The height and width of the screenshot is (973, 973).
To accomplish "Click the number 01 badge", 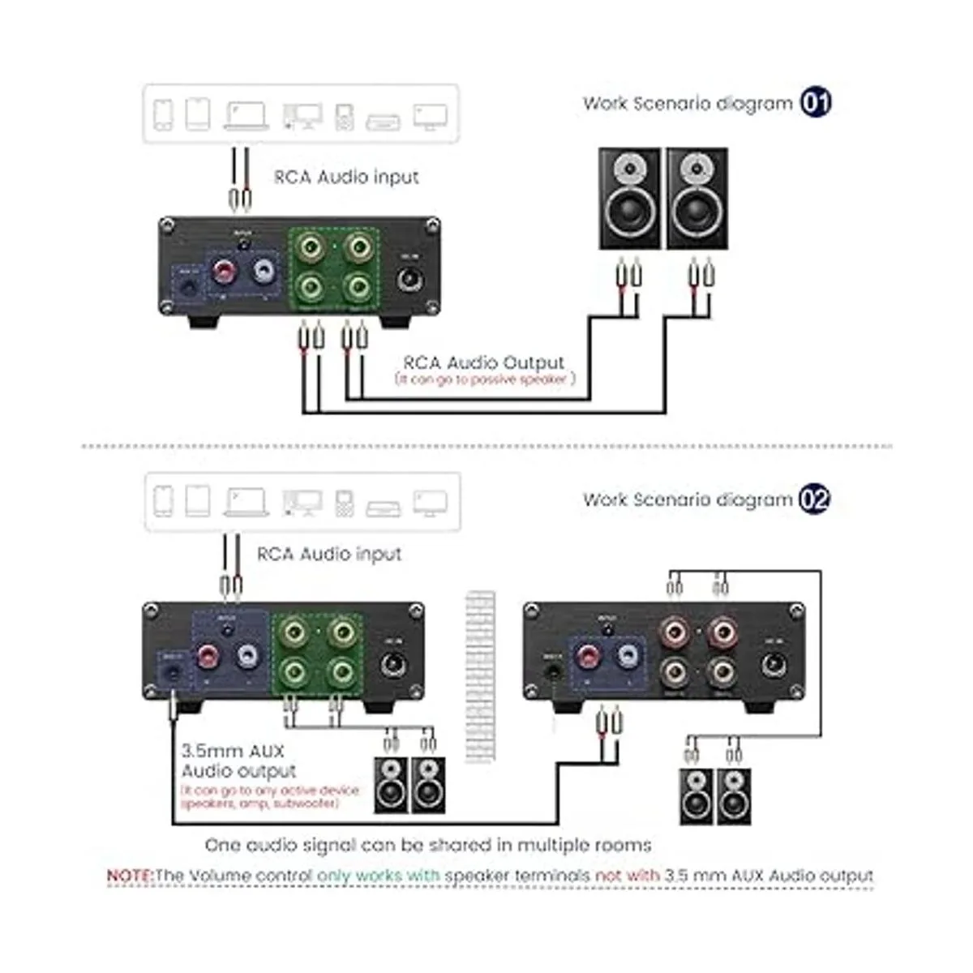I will pyautogui.click(x=816, y=103).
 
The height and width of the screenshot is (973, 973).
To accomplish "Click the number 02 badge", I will pyautogui.click(x=814, y=499).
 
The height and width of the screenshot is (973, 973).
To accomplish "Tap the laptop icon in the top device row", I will pyautogui.click(x=246, y=115).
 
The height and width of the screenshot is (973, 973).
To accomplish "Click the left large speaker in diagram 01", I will pyautogui.click(x=629, y=199).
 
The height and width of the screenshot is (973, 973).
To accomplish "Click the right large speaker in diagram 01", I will pyautogui.click(x=697, y=199).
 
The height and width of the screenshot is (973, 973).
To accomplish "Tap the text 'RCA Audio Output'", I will pyautogui.click(x=483, y=362).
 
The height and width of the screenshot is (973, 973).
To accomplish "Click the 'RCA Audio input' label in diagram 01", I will pyautogui.click(x=346, y=177).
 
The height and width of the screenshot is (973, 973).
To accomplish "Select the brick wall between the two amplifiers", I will pyautogui.click(x=479, y=677).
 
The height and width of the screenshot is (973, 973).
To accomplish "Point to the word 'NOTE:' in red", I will pyautogui.click(x=130, y=876).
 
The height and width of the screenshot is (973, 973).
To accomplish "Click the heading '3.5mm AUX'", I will pyautogui.click(x=233, y=751).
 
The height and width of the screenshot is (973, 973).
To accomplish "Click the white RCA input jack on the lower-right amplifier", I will pyautogui.click(x=627, y=657).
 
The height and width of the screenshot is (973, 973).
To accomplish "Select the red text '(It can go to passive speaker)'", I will pyautogui.click(x=485, y=379).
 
